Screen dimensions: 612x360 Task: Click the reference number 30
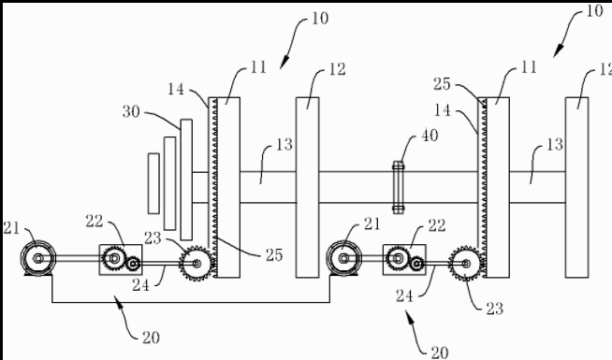click(x=131, y=111)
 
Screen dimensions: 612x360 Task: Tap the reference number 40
click(x=430, y=136)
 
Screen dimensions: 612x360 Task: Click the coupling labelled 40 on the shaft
click(x=398, y=187)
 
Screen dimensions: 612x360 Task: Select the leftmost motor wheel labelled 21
click(x=37, y=258)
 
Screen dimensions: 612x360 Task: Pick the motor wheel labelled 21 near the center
click(x=343, y=258)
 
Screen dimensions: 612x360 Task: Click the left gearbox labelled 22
click(x=120, y=259)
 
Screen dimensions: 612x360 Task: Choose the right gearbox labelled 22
click(x=404, y=259)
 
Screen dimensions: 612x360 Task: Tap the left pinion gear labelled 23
click(x=197, y=264)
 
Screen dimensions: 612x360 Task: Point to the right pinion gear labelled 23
click(x=466, y=264)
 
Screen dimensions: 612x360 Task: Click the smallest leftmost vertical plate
click(x=153, y=183)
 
